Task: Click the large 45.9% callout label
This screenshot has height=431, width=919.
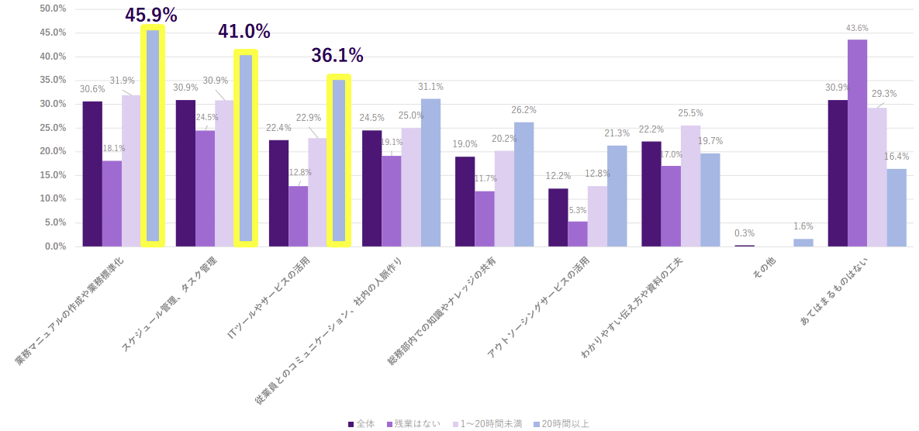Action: (x=151, y=15)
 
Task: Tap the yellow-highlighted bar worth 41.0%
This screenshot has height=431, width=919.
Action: (x=245, y=147)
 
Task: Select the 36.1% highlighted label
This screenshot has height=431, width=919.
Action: (x=337, y=56)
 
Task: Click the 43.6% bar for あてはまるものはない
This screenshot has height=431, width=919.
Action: (x=857, y=143)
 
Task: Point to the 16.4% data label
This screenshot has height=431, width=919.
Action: (x=897, y=156)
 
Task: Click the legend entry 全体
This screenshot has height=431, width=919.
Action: (x=361, y=424)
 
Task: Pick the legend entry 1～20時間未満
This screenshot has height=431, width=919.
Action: (x=486, y=424)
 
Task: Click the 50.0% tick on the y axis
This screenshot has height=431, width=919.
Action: (x=54, y=9)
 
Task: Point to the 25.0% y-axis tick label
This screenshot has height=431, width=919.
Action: (x=54, y=128)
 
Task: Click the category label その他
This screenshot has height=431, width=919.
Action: (x=764, y=269)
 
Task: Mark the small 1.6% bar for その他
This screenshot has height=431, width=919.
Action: (x=803, y=243)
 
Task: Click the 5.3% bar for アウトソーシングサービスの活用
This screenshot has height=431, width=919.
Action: (x=578, y=234)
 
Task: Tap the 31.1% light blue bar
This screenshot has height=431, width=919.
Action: (x=430, y=173)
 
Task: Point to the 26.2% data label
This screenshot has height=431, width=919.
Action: (x=523, y=110)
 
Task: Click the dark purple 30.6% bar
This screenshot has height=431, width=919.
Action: (x=92, y=174)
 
